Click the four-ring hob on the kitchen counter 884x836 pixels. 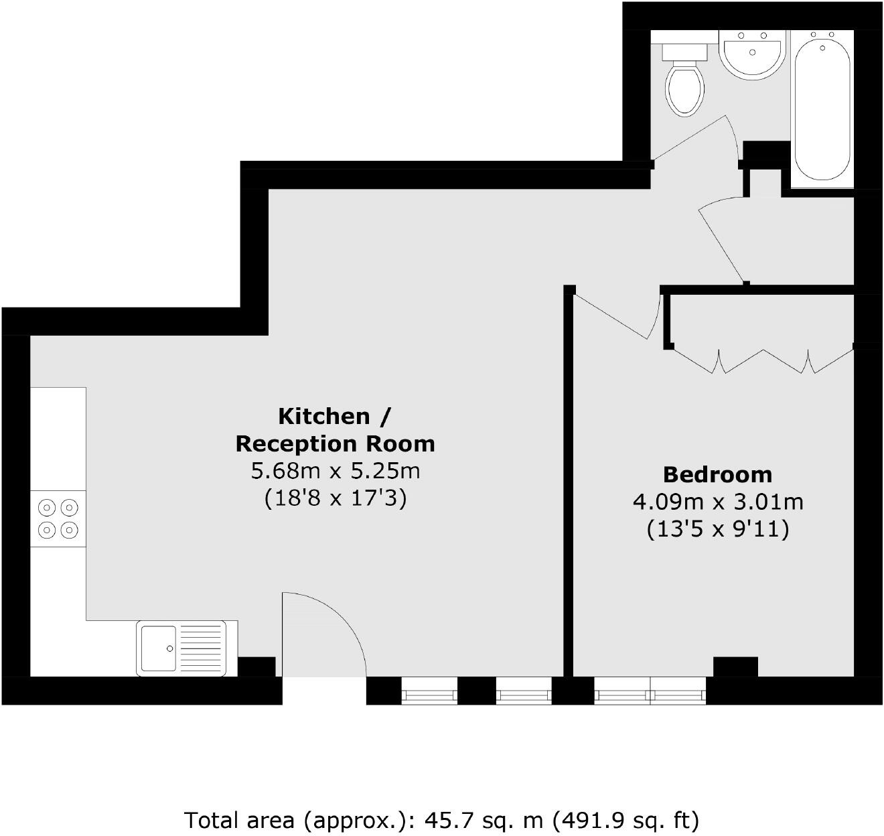[58, 518]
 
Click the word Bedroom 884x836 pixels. [717, 474]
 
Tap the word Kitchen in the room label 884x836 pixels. [324, 416]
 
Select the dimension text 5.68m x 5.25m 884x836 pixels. [335, 471]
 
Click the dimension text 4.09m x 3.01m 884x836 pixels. [717, 502]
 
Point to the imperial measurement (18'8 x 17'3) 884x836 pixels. [335, 498]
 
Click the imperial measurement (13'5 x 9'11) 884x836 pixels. [717, 529]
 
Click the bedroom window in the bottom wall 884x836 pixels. [650, 691]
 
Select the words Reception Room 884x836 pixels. [335, 443]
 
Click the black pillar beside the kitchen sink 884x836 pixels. [256, 667]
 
